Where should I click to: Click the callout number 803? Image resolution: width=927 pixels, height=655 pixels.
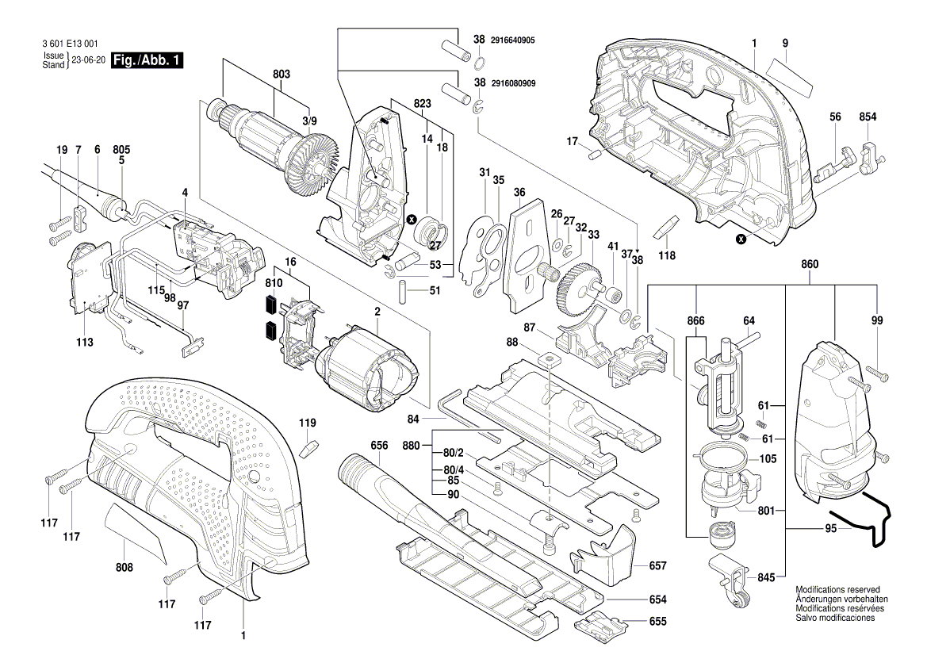tap(282, 74)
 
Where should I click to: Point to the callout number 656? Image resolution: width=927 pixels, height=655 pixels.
tap(379, 446)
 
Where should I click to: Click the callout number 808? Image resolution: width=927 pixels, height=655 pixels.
tap(124, 568)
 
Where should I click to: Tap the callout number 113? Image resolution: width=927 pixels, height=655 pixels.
tap(85, 343)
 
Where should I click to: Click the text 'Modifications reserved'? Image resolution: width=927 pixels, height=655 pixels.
tap(837, 591)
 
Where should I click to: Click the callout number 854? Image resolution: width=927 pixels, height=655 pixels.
tap(868, 117)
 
